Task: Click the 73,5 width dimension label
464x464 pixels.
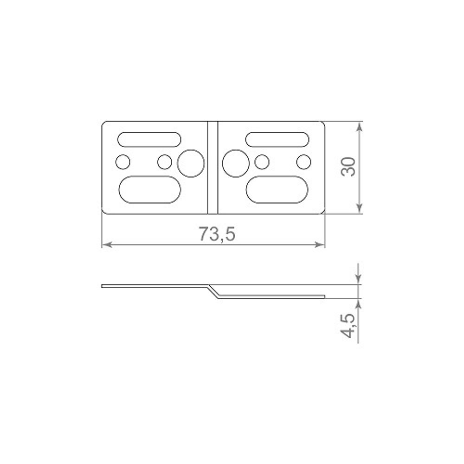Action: (217, 234)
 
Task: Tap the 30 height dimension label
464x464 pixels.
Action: (348, 167)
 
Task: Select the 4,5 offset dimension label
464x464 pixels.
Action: (348, 325)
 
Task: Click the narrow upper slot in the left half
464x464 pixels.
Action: (149, 139)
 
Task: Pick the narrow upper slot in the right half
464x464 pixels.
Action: (277, 139)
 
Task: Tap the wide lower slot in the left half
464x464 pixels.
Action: (150, 190)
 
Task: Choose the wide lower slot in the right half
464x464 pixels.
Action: (277, 190)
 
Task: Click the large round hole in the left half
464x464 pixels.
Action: (191, 163)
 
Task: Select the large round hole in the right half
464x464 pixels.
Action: (236, 163)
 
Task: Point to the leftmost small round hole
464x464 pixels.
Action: (123, 162)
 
